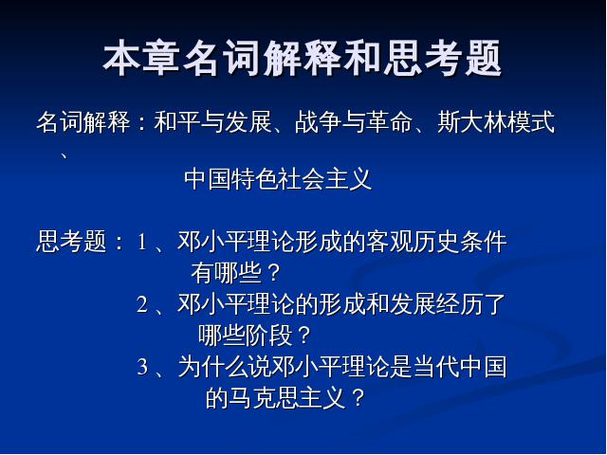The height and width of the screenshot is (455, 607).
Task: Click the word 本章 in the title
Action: (141, 58)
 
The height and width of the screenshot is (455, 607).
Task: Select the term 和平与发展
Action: (212, 122)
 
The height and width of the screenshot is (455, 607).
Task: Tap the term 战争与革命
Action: (354, 122)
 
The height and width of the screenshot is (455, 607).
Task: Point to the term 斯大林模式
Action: (496, 122)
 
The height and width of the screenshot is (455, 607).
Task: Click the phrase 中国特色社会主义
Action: (278, 179)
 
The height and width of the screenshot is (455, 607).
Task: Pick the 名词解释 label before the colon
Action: (83, 122)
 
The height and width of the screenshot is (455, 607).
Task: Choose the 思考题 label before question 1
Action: (71, 242)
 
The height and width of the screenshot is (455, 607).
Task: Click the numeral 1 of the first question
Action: (142, 243)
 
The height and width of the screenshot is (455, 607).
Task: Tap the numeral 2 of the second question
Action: (142, 304)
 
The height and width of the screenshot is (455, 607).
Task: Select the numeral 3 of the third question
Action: (142, 367)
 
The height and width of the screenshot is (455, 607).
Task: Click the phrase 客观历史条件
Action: (436, 242)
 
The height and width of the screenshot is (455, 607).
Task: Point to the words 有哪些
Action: (226, 273)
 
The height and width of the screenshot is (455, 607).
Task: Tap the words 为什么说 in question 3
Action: (225, 367)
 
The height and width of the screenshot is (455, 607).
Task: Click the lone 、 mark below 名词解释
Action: (64, 155)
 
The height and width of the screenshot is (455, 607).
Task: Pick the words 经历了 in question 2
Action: (471, 303)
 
